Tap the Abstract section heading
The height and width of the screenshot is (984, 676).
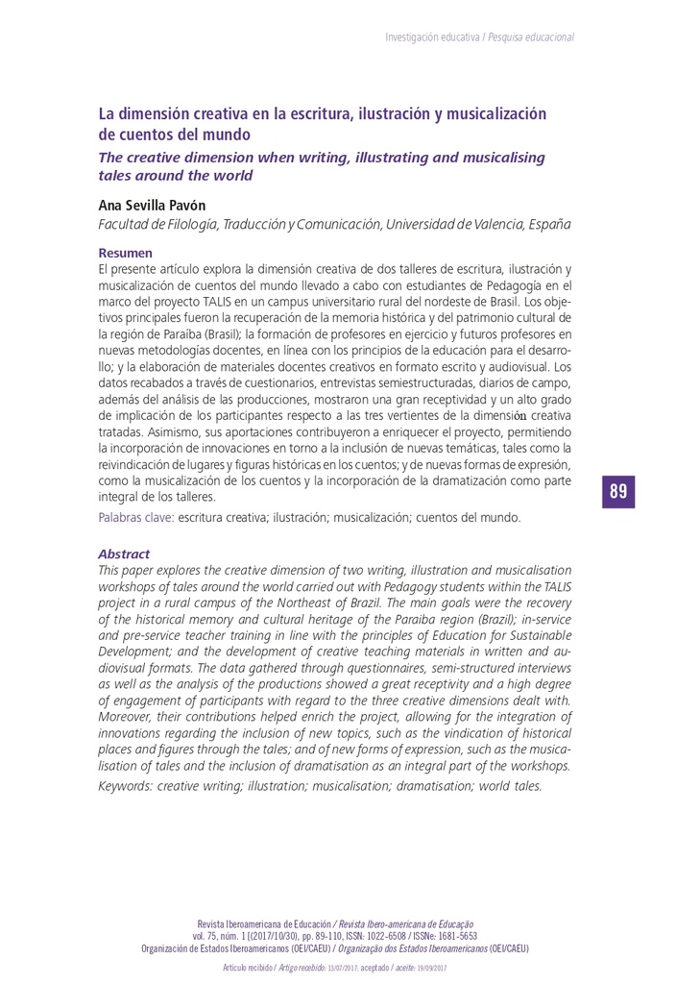pos(124,553)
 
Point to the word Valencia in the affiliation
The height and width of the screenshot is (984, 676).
pos(488,224)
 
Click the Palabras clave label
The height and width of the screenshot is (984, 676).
pos(135,517)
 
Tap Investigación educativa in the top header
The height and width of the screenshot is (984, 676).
pos(431,37)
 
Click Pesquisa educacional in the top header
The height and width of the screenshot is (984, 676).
pos(531,37)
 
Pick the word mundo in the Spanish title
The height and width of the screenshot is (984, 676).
pos(226,134)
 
